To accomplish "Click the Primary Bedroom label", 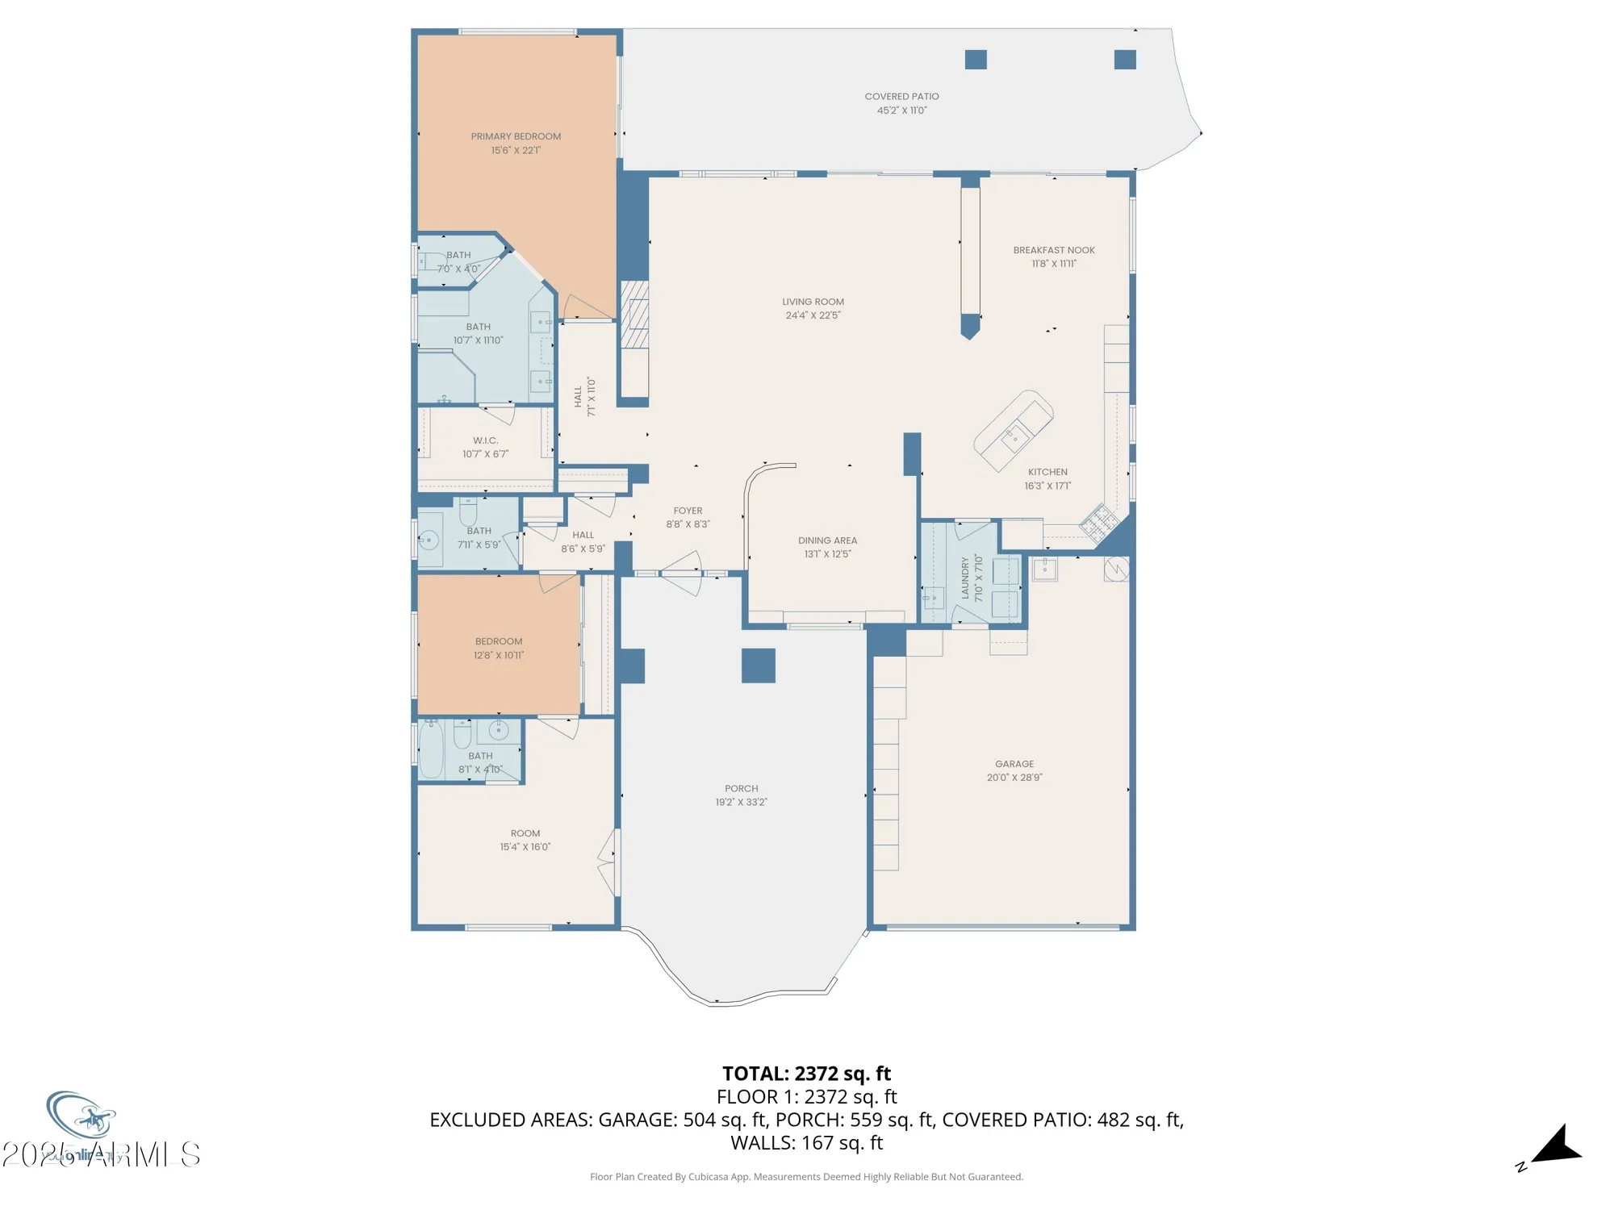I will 516,136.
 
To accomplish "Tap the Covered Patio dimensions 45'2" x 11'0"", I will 901,111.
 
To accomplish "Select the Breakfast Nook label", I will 1053,250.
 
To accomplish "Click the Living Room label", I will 813,302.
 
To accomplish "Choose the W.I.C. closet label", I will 485,440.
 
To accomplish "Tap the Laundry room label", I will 965,578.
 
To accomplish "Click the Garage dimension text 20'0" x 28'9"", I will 1014,778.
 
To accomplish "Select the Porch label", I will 741,789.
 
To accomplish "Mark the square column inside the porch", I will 758,665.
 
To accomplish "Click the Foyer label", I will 688,511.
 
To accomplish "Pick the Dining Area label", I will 827,540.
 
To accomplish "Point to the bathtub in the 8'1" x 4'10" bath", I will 431,750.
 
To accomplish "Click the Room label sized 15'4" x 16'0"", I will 525,833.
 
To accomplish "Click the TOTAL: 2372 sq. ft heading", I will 806,1074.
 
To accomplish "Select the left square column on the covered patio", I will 976,60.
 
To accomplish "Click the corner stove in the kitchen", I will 1099,523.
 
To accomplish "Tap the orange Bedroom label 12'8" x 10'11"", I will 498,641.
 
